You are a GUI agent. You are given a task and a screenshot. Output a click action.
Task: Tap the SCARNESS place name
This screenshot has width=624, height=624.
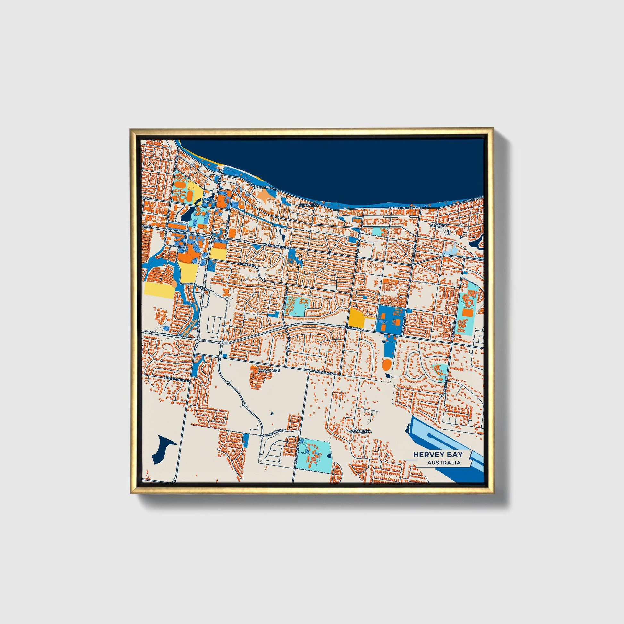[x=308, y=205]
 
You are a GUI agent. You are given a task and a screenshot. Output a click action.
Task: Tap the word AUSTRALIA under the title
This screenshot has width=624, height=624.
[x=444, y=462]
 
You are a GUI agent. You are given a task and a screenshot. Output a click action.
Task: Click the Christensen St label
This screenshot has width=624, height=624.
[x=176, y=380]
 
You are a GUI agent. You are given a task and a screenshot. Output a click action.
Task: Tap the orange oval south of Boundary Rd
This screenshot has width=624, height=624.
[x=386, y=365]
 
